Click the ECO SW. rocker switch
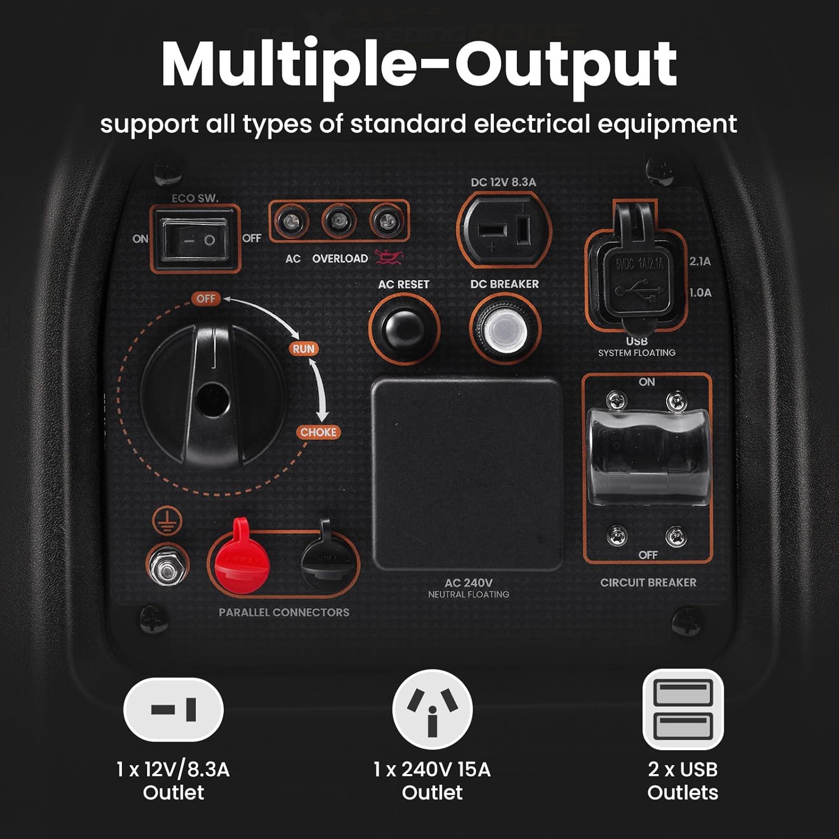pos(194,240)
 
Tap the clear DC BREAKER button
pos(506,328)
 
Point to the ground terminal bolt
pos(167,566)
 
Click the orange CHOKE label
pos(318,432)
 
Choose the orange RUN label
pos(304,348)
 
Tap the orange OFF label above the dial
pos(205,299)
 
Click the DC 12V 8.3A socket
pos(503,230)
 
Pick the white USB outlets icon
pos(682,709)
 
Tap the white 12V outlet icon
pos(173,709)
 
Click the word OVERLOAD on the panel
pos(340,258)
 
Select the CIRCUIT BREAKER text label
pos(648,582)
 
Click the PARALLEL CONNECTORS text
pos(284,612)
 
